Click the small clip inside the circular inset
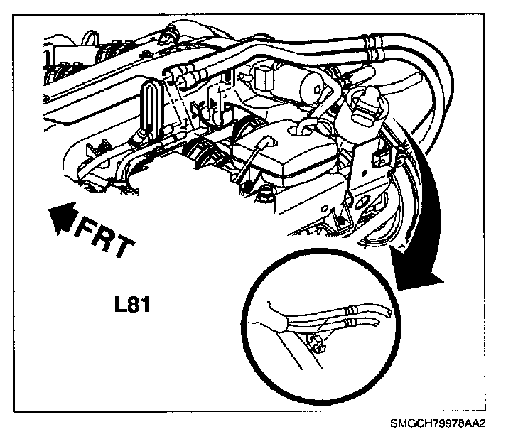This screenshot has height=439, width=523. [x=316, y=342]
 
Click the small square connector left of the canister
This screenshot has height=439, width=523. [x=264, y=76]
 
